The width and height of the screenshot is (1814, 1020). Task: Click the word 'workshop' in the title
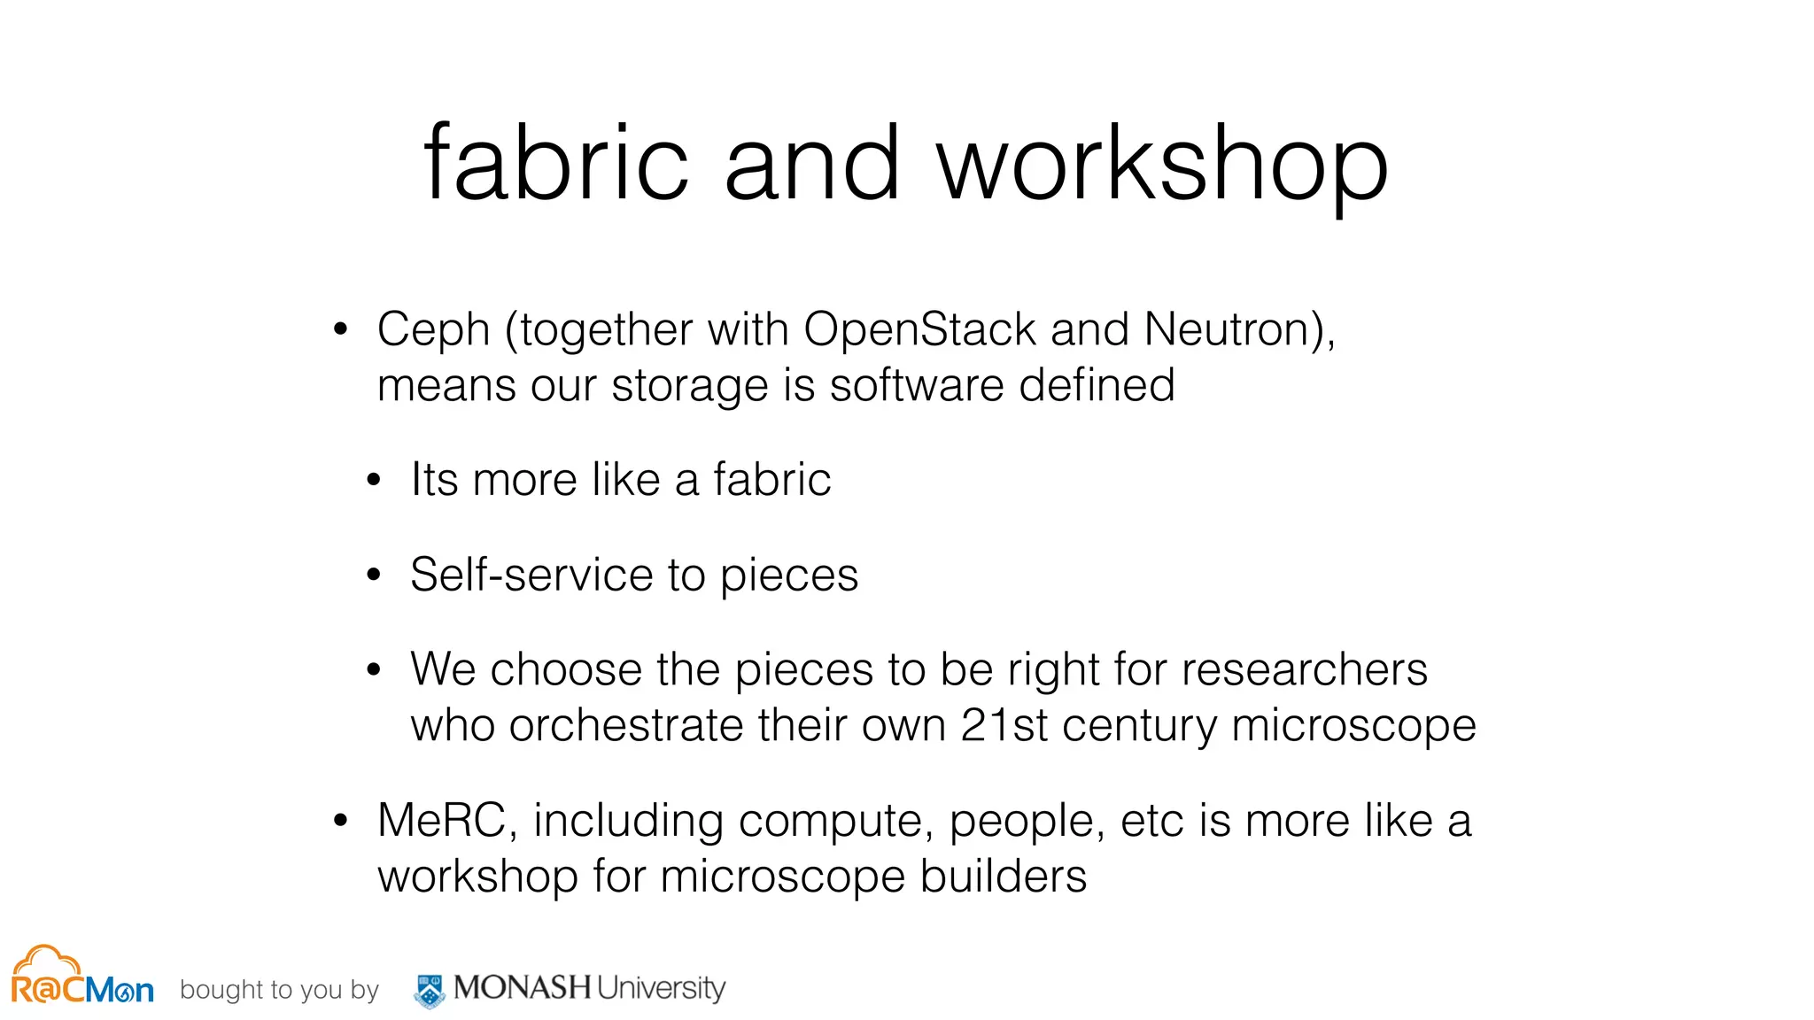coord(1162,165)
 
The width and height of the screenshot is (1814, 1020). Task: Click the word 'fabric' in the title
coord(555,165)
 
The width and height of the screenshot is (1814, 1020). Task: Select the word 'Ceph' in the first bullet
coord(433,331)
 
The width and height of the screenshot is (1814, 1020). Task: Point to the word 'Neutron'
coord(1234,329)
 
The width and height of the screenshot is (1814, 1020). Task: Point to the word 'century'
coord(1140,727)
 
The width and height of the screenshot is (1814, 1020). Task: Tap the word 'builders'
coord(1003,877)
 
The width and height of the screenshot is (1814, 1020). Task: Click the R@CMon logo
coord(81,977)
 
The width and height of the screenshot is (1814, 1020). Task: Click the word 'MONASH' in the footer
coord(522,987)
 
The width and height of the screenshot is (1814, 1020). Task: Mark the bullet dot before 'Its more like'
coord(374,481)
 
